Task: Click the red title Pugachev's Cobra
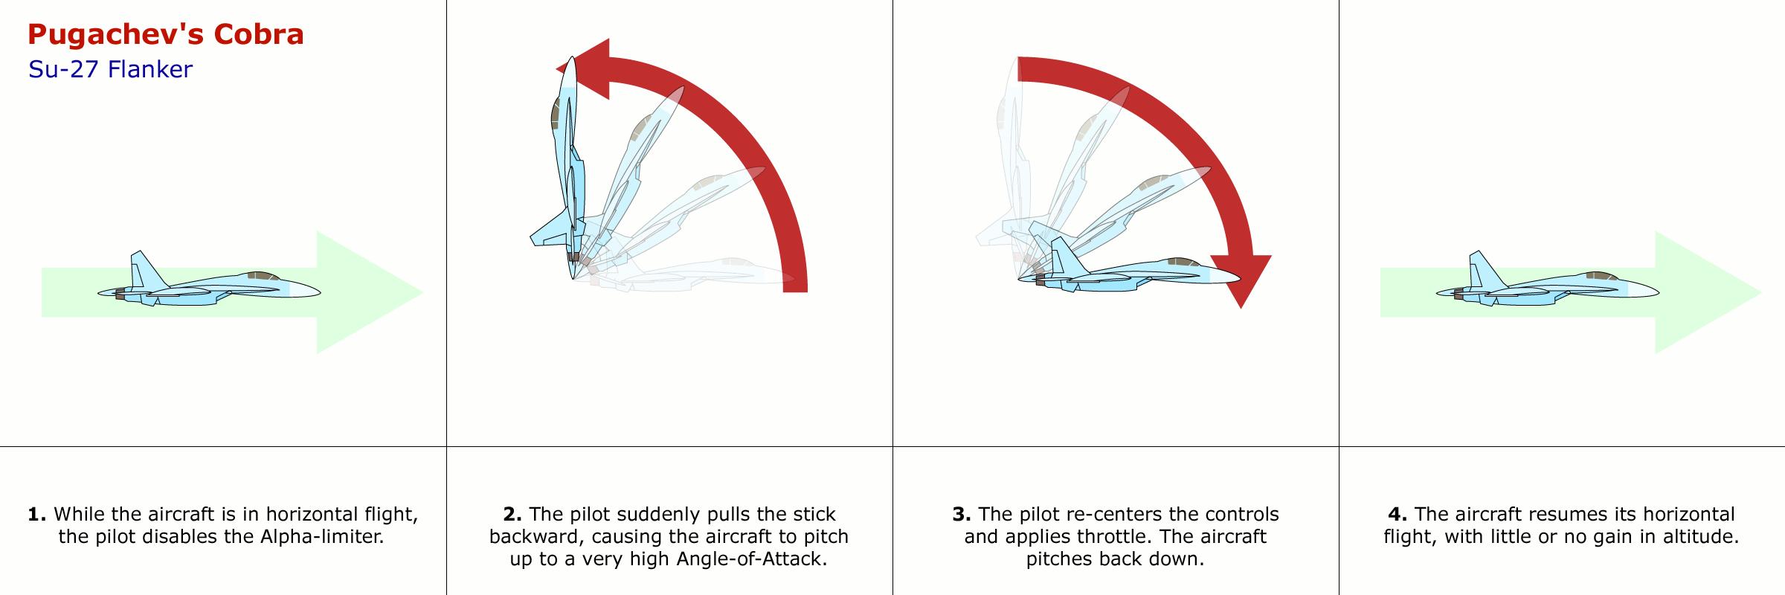pyautogui.click(x=165, y=35)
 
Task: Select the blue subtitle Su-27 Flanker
pyautogui.click(x=110, y=70)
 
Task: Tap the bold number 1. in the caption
pyautogui.click(x=37, y=514)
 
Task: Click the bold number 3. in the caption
pyautogui.click(x=962, y=514)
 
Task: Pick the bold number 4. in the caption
pyautogui.click(x=1398, y=514)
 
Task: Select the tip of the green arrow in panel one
pyautogui.click(x=422, y=292)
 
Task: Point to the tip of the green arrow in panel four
pyautogui.click(x=1761, y=292)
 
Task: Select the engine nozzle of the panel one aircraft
pyautogui.click(x=119, y=295)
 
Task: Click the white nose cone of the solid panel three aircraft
pyautogui.click(x=1224, y=277)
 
